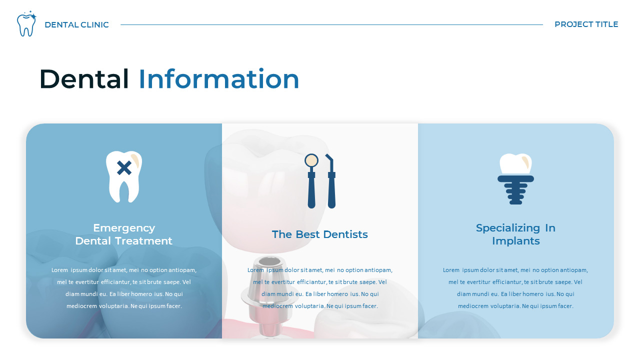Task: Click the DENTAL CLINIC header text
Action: (x=76, y=25)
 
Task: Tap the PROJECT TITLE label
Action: (x=586, y=24)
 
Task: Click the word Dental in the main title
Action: (x=84, y=79)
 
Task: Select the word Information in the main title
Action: (x=218, y=79)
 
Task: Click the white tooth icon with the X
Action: (x=124, y=176)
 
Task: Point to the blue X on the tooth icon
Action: (x=124, y=168)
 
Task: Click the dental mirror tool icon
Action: (x=311, y=180)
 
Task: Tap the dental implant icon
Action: (x=515, y=179)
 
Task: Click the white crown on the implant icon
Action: (x=515, y=163)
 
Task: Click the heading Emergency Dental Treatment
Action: (x=124, y=234)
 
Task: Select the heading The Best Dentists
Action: (x=320, y=234)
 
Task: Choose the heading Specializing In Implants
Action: (x=515, y=234)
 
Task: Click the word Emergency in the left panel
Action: (x=124, y=228)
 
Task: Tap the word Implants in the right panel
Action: (x=515, y=241)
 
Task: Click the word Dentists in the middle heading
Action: (x=345, y=234)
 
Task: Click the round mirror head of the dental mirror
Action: (x=311, y=160)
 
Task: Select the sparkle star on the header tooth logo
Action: (x=33, y=16)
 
